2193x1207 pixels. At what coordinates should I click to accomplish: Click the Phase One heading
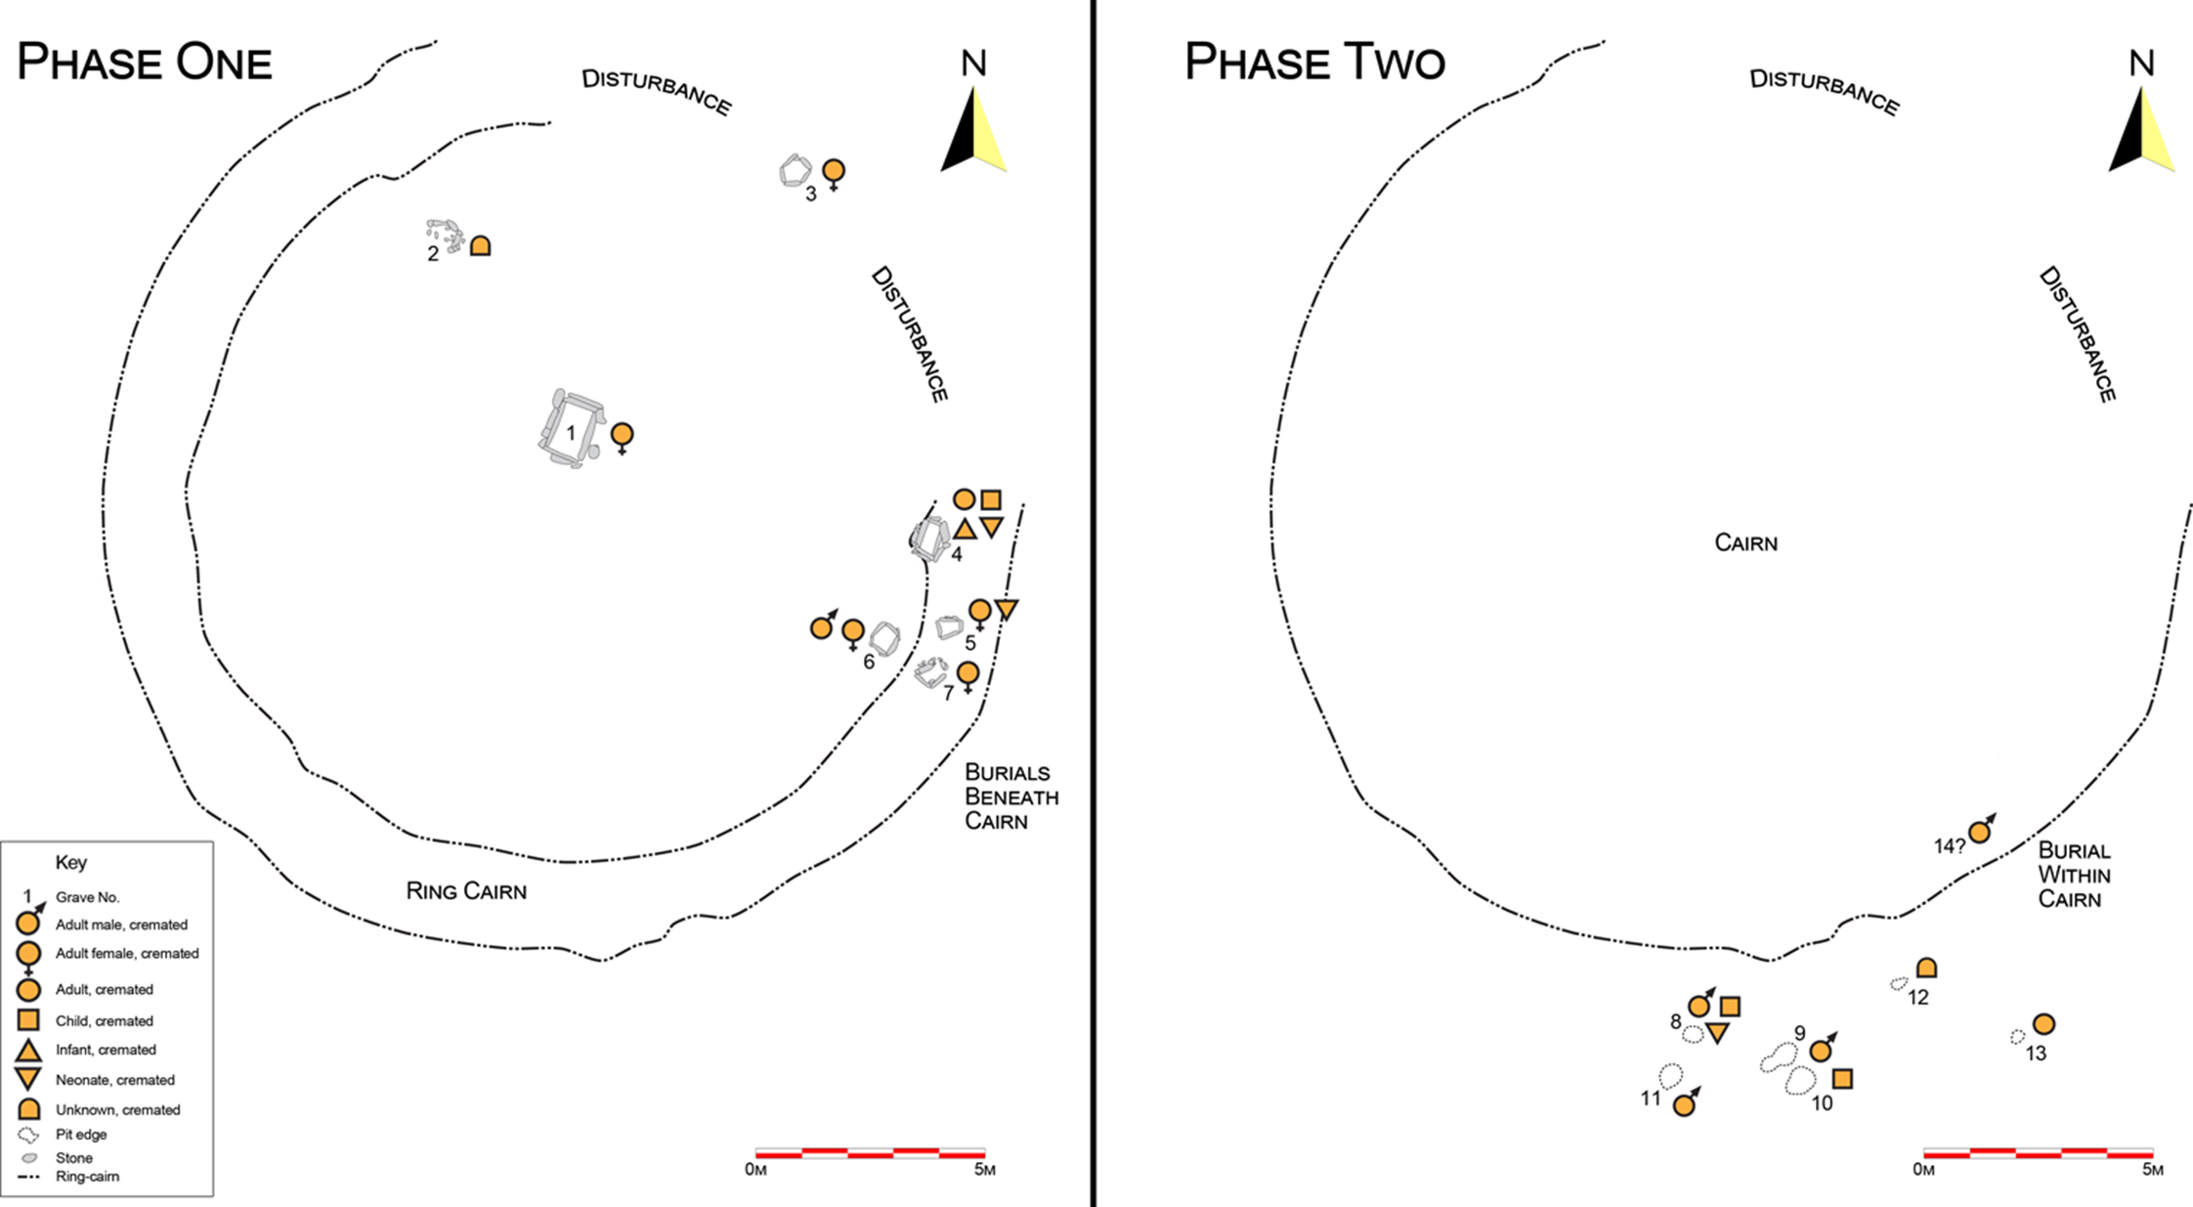click(x=145, y=63)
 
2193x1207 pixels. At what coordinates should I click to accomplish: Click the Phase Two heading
click(x=1314, y=63)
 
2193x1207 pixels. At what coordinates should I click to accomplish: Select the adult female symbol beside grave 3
click(x=833, y=171)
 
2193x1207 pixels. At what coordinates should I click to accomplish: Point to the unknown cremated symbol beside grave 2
click(x=480, y=245)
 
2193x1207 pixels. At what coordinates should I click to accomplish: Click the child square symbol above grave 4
click(x=991, y=500)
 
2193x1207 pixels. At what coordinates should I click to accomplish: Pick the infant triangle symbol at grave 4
click(x=965, y=530)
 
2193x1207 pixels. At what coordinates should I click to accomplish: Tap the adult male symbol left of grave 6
click(x=822, y=627)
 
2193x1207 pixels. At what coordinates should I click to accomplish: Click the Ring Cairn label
click(x=466, y=890)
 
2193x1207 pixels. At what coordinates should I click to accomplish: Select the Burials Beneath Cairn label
click(x=1010, y=797)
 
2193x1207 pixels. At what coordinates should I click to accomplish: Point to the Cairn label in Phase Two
click(x=1745, y=542)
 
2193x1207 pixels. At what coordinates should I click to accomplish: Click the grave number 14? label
click(x=1949, y=846)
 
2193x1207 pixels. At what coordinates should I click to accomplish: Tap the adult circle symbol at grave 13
click(x=2043, y=1024)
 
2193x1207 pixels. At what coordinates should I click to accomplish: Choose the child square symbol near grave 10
click(x=1842, y=1079)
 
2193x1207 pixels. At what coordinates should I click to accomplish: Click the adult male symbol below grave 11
click(x=1684, y=1105)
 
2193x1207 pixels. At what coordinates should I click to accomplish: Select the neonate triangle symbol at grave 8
click(x=1717, y=1033)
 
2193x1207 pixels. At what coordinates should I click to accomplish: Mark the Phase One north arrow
click(x=973, y=127)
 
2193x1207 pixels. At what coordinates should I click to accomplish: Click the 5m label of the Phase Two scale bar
click(x=2152, y=1170)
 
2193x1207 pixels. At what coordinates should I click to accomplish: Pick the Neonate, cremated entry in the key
click(x=114, y=1080)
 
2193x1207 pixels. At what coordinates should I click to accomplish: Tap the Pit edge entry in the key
click(x=80, y=1135)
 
